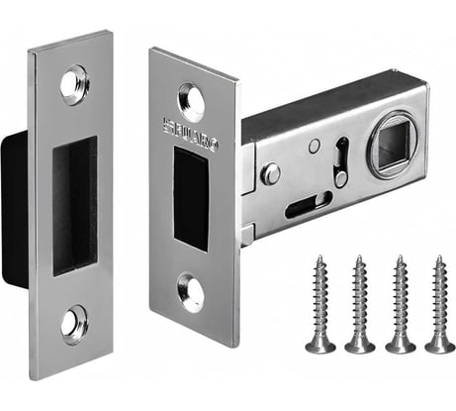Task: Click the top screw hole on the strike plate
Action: coord(73,84)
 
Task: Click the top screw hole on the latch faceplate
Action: coord(191,101)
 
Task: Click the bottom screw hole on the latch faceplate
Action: coord(191,293)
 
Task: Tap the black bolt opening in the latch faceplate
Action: coord(191,198)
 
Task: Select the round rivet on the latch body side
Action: coord(270,174)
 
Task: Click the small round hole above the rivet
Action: coord(313,146)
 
